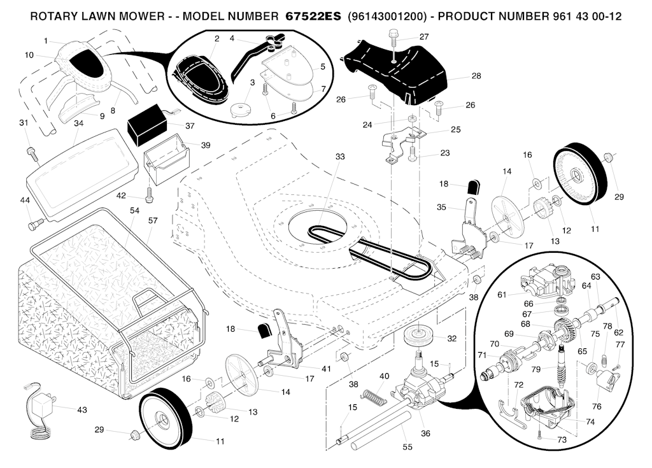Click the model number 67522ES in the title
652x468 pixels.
pyautogui.click(x=309, y=16)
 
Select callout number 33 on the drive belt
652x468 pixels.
pyautogui.click(x=339, y=156)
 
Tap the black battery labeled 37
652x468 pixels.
pyautogui.click(x=150, y=129)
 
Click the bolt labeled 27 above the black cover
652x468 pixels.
pyautogui.click(x=394, y=41)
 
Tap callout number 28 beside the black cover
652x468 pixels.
pyautogui.click(x=476, y=76)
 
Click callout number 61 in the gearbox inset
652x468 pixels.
pyautogui.click(x=501, y=294)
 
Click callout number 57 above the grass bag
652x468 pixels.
pyautogui.click(x=153, y=220)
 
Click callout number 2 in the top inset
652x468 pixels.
pyautogui.click(x=216, y=39)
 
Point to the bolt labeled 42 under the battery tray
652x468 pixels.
pyautogui.click(x=148, y=194)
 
